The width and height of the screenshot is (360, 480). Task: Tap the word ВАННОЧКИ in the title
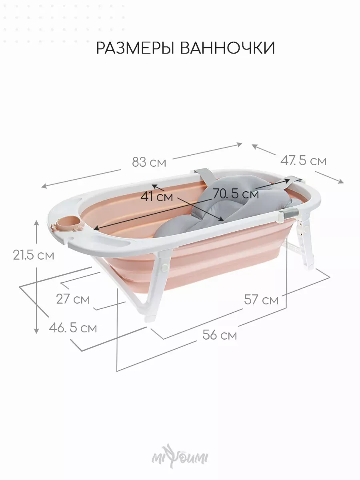[x=228, y=48]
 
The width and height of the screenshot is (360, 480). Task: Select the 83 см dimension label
[x=149, y=162]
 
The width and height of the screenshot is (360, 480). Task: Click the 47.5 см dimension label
[x=303, y=161]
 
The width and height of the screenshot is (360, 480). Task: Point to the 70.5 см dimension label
[x=236, y=193]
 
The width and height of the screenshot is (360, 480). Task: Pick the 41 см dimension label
[x=156, y=197]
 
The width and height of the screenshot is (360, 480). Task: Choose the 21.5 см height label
[x=34, y=255]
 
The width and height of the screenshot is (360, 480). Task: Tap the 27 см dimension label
[x=73, y=299]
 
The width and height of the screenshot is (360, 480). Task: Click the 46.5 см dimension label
[x=73, y=328]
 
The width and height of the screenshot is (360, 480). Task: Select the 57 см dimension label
[x=262, y=299]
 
